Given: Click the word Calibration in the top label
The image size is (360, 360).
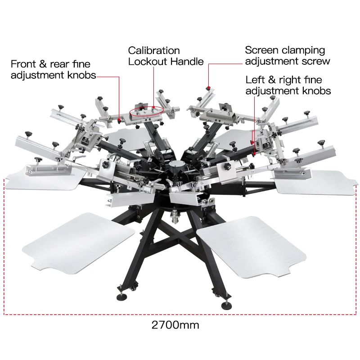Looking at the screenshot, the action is [x=154, y=50].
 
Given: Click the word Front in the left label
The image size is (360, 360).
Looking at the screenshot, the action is [x=24, y=64].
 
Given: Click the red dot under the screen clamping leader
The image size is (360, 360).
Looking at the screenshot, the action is [x=208, y=86].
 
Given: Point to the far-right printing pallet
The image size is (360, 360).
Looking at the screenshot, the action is [x=315, y=180].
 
